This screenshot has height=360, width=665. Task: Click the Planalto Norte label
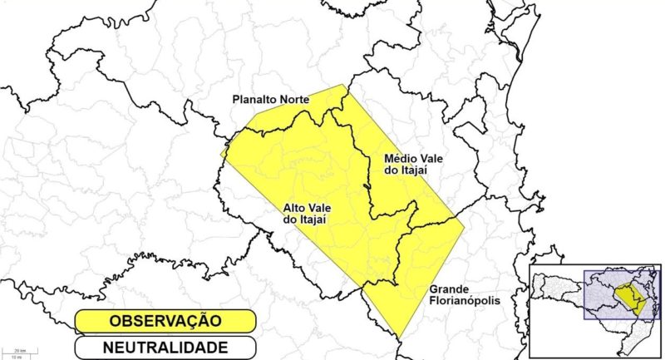270,100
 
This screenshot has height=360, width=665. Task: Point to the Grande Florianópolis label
464,295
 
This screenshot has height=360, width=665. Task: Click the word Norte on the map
293,100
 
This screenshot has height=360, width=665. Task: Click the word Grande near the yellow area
450,289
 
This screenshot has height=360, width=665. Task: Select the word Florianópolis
464,301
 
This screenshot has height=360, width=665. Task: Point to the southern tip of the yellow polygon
400,337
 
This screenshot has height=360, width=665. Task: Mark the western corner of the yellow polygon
222,155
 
